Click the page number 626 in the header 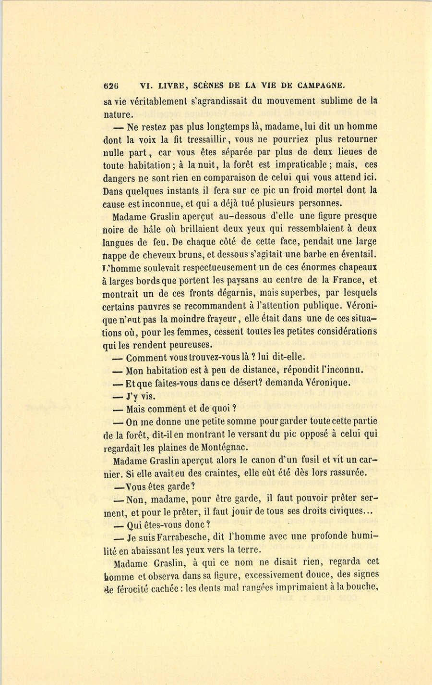(x=111, y=86)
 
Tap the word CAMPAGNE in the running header (x=321, y=86)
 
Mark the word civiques (x=345, y=511)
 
